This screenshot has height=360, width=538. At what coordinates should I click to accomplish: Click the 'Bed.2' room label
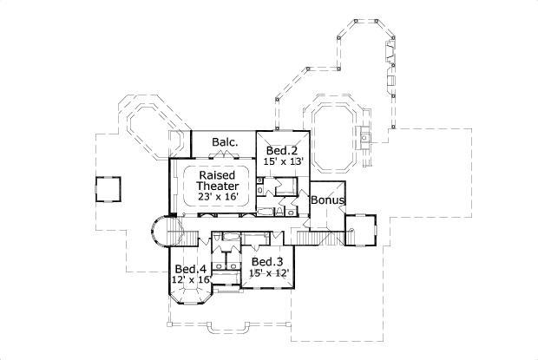click(x=282, y=149)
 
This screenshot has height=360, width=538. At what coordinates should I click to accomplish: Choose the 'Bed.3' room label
click(x=268, y=261)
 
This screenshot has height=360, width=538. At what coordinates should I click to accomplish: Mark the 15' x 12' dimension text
click(x=268, y=272)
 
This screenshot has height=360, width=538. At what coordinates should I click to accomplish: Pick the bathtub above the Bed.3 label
click(x=255, y=239)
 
